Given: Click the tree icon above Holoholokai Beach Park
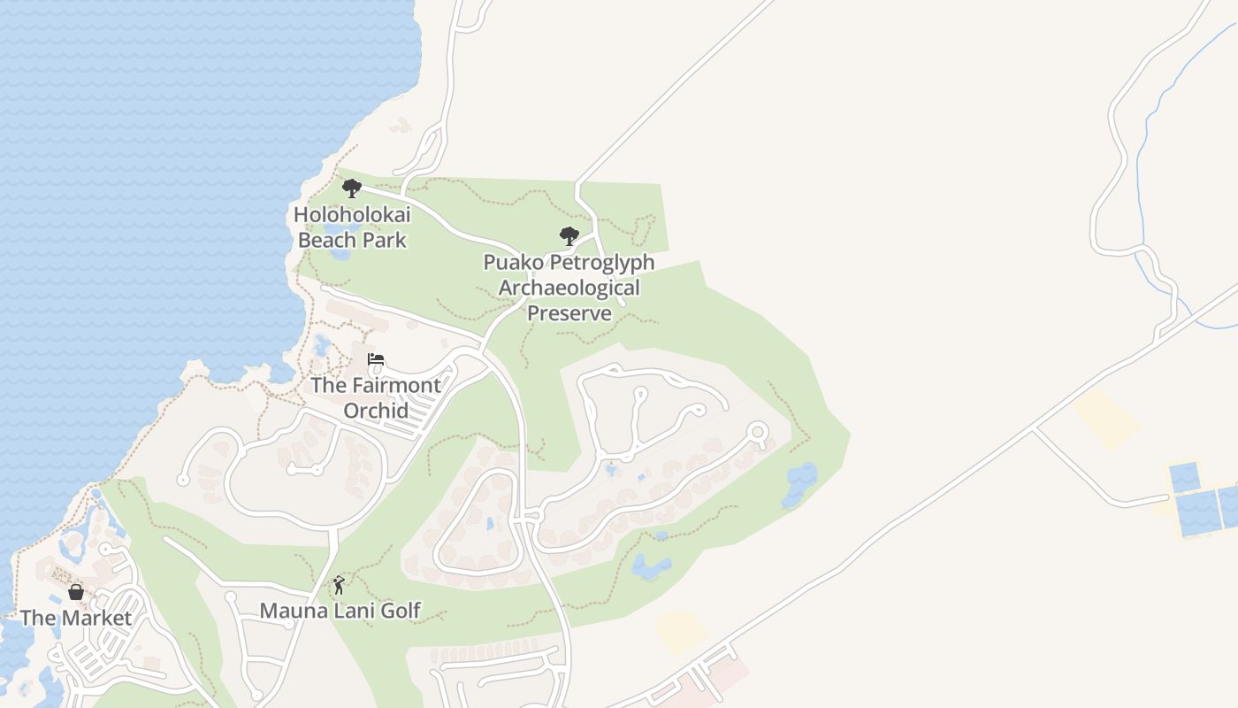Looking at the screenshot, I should tap(351, 188).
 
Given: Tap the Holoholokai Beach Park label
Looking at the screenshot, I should tap(352, 227).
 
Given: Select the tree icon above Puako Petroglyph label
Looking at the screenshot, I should tap(569, 236).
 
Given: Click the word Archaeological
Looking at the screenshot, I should tap(569, 289).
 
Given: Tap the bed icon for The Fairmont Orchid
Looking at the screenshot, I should tap(376, 359).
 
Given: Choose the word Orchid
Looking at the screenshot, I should tap(376, 412).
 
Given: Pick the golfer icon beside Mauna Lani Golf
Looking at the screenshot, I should tap(338, 585).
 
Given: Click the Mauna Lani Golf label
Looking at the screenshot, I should tap(340, 611).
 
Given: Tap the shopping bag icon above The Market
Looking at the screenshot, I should tap(76, 592).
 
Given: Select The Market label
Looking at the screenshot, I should tap(76, 618).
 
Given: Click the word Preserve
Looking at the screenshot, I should tap(569, 314).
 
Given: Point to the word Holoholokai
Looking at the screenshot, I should tap(352, 215).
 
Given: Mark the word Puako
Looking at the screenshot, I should tap(512, 263).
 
